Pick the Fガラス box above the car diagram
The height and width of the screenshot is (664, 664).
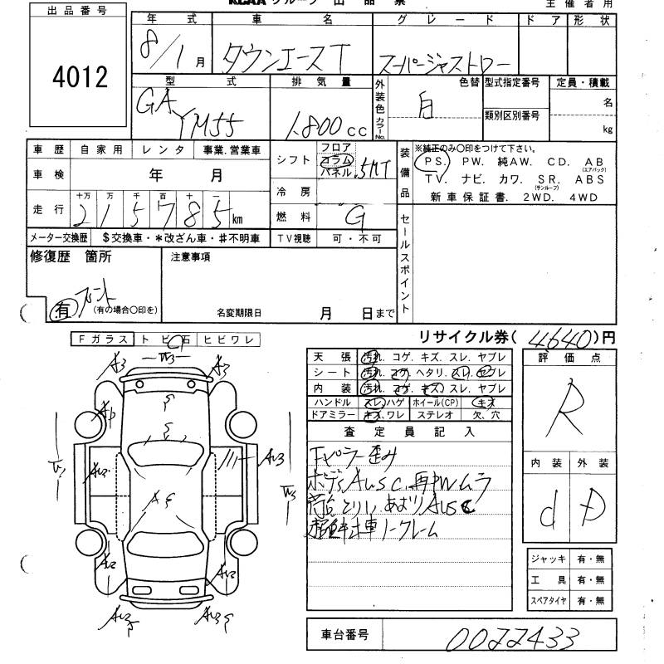tap(102, 339)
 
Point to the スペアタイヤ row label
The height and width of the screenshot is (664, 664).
tap(548, 599)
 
